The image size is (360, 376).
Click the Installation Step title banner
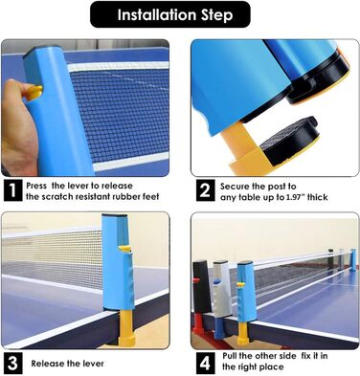tap(170, 14)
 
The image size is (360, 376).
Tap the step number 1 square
tap(12, 190)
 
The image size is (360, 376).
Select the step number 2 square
tap(205, 190)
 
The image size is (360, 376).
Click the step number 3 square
tap(12, 363)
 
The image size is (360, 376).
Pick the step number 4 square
tap(205, 363)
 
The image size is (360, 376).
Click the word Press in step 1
tap(36, 186)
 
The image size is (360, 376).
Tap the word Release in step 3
tap(47, 364)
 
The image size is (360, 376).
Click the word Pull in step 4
tap(231, 356)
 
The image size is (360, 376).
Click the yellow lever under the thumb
tap(34, 93)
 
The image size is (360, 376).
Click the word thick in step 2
tap(318, 197)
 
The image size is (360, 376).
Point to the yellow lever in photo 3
tap(124, 250)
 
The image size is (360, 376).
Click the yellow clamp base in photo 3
tap(126, 329)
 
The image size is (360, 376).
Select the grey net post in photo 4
tap(222, 289)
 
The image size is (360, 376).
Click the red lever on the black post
tap(196, 281)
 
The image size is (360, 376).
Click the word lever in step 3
tap(95, 364)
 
